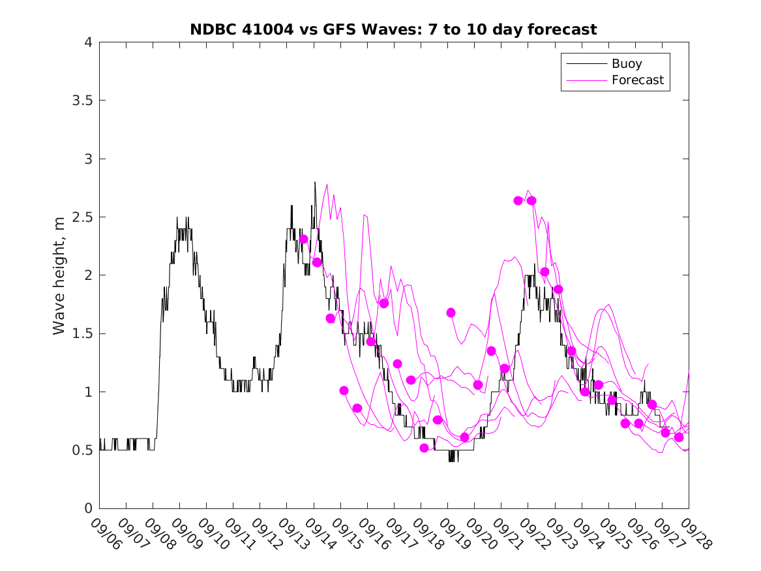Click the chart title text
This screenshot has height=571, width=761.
[393, 29]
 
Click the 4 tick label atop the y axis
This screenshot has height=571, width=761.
[87, 42]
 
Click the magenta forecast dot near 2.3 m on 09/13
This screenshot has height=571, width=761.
[303, 239]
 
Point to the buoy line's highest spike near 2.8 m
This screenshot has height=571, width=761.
[315, 183]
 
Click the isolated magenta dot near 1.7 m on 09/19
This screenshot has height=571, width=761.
[451, 313]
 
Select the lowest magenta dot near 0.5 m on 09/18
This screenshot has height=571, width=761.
[424, 448]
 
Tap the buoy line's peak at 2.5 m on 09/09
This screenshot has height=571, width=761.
[177, 218]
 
